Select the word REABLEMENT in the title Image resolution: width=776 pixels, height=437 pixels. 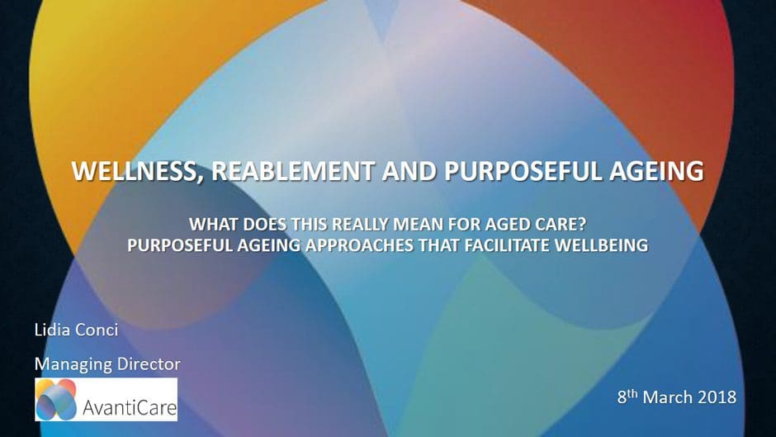(293, 170)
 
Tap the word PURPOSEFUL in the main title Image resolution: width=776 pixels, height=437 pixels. (523, 170)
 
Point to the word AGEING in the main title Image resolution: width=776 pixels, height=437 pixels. (656, 170)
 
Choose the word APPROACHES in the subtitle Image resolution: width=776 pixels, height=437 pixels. (358, 245)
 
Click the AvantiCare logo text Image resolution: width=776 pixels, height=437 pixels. (130, 407)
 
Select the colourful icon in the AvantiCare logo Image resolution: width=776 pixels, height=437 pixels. (56, 400)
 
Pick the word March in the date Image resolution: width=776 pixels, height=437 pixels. (667, 397)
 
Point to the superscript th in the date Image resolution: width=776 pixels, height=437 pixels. (632, 393)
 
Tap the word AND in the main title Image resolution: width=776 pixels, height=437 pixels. (409, 170)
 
